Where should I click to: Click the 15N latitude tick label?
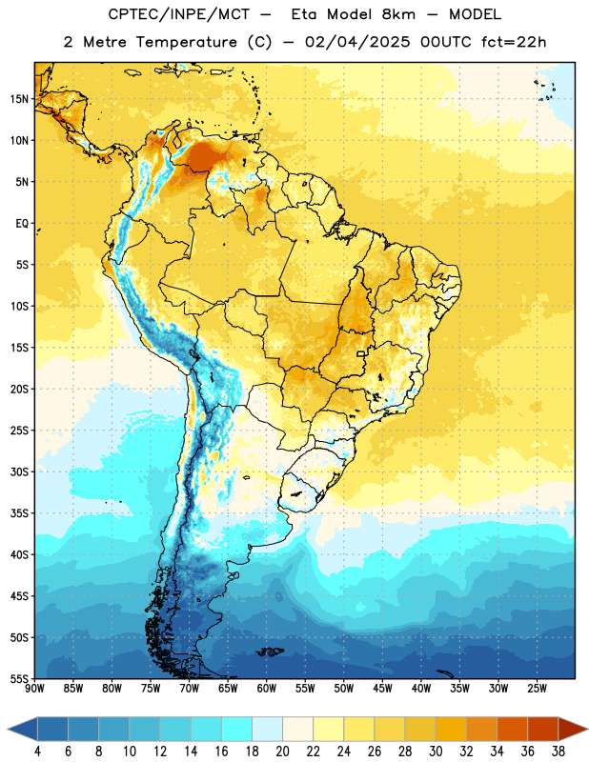(19, 99)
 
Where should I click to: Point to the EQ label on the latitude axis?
(22, 224)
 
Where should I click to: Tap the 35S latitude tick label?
(19, 513)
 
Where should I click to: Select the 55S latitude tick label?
(19, 678)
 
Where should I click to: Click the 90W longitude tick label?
(34, 689)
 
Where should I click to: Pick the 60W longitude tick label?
(267, 689)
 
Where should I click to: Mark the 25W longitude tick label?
(537, 689)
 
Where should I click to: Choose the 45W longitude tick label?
(383, 689)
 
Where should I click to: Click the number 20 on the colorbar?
(282, 752)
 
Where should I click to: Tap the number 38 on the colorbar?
(559, 752)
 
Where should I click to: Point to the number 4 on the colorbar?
(37, 752)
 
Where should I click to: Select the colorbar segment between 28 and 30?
(420, 730)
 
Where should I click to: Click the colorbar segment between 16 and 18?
(236, 730)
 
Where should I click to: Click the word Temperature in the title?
(186, 42)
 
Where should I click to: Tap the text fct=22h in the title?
(514, 42)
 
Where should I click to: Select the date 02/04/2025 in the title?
(357, 42)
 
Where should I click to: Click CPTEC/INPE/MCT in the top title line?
(179, 15)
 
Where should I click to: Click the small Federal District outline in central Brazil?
(361, 353)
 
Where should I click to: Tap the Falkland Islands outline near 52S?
(271, 652)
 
